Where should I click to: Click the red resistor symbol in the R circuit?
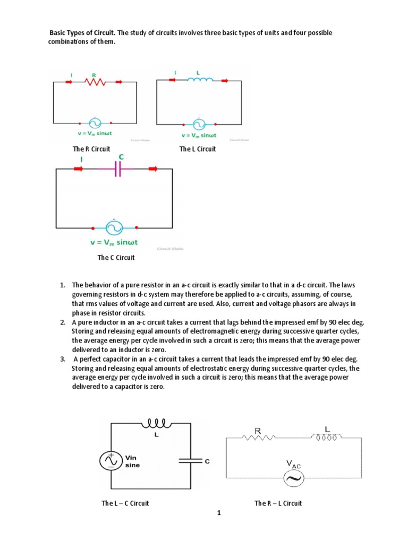click(95, 82)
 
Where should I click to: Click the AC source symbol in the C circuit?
click(115, 227)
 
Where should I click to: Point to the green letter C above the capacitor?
click(121, 157)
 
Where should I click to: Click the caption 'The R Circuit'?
click(91, 149)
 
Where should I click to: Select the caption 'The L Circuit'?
click(198, 149)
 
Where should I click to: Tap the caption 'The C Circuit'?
click(116, 258)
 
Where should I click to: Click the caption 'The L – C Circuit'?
click(125, 503)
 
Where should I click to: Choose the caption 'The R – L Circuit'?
click(278, 503)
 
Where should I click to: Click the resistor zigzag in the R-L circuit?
click(258, 438)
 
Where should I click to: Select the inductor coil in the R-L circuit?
click(326, 438)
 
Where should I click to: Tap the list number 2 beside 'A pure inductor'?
click(62, 322)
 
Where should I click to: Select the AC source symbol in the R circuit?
click(94, 123)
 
